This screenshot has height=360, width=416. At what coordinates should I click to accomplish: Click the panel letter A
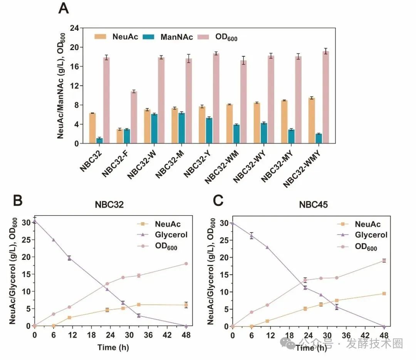point(64,8)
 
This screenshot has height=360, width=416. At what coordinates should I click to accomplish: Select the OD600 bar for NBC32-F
point(134,117)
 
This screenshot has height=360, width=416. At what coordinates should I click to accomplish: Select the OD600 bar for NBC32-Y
point(216,98)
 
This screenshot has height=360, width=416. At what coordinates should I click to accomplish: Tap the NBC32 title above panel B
point(109,205)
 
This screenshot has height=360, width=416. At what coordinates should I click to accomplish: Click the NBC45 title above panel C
point(313,205)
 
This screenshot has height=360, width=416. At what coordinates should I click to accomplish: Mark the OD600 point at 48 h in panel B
point(186,264)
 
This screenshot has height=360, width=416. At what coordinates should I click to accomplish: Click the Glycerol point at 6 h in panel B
point(54,240)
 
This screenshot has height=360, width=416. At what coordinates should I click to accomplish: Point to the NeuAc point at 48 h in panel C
point(384,293)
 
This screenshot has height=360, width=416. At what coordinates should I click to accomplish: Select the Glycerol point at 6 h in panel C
point(252,236)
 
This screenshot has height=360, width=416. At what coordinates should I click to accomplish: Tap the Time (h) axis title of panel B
point(112,347)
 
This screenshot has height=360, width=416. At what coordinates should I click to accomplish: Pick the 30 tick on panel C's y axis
point(224,223)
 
